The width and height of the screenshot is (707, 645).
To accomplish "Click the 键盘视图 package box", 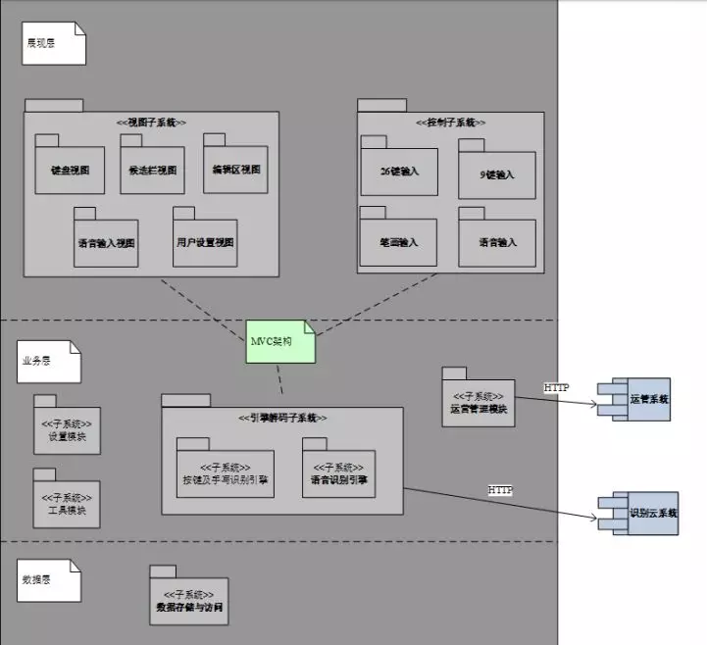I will tap(70, 169).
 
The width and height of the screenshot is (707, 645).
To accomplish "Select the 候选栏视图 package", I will tap(152, 169).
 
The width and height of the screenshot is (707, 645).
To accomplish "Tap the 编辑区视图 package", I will tap(235, 169).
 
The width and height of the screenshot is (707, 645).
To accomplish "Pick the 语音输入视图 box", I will tap(106, 242).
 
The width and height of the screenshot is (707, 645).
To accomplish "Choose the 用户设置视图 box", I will tap(204, 242).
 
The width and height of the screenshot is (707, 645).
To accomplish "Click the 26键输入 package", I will tap(398, 171).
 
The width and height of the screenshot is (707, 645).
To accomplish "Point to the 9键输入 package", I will tap(496, 174).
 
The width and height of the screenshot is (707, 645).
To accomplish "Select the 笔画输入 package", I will tap(398, 241).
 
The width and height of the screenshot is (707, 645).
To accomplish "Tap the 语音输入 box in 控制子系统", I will tap(496, 242).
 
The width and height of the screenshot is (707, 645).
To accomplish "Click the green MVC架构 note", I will tap(281, 341).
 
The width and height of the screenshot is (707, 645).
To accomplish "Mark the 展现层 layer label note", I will tap(55, 42).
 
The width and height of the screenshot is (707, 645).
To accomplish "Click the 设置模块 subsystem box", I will tap(67, 430).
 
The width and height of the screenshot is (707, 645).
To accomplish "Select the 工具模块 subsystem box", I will tap(67, 504).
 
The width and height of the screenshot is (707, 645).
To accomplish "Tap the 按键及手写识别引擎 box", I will tap(225, 473).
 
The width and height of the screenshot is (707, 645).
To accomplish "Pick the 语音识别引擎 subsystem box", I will tap(338, 473).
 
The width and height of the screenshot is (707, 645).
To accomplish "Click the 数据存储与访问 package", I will tap(188, 601).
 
